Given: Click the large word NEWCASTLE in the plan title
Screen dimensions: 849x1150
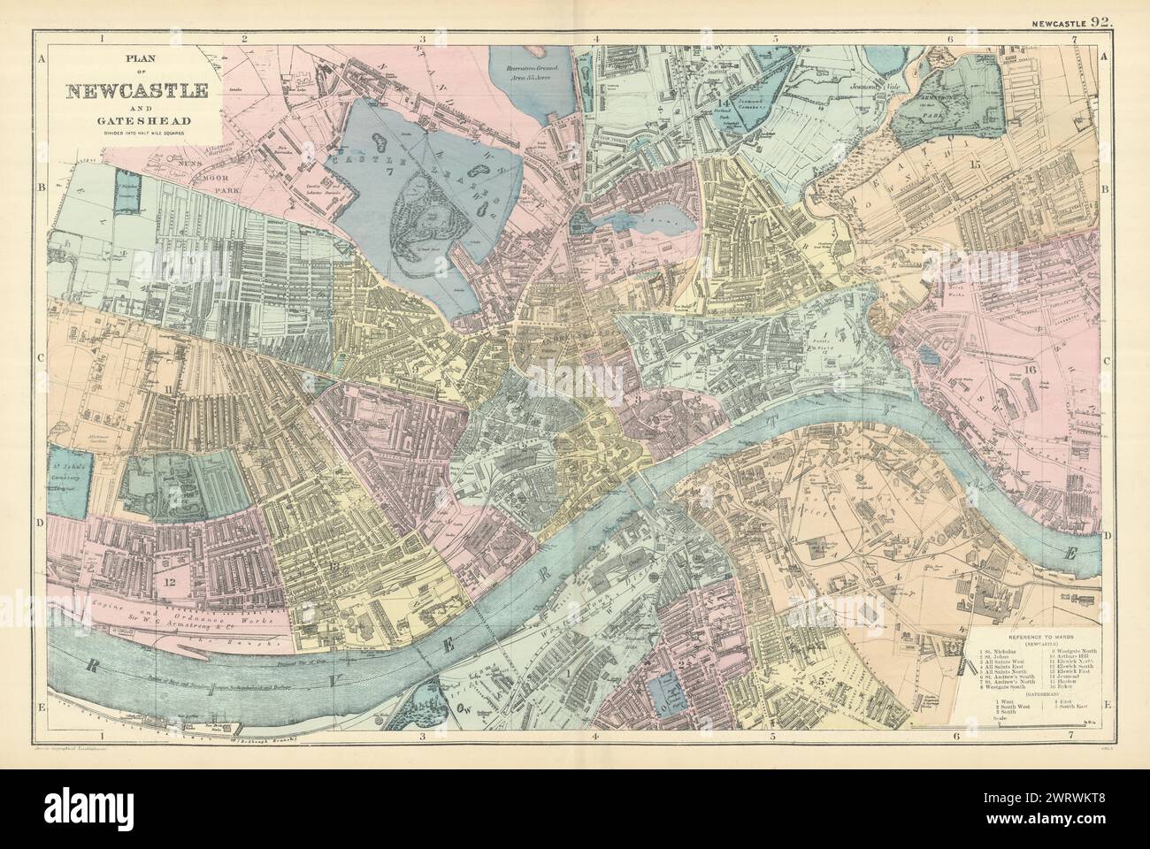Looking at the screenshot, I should coord(136,91).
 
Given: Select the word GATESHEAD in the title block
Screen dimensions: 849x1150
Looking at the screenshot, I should coord(136,120).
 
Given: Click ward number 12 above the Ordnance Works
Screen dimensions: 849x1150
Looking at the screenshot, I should coord(165,581).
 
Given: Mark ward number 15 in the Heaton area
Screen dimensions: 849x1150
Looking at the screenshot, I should coord(976,164).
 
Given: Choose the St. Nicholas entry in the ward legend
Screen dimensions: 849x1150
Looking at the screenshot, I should coord(993,653).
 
